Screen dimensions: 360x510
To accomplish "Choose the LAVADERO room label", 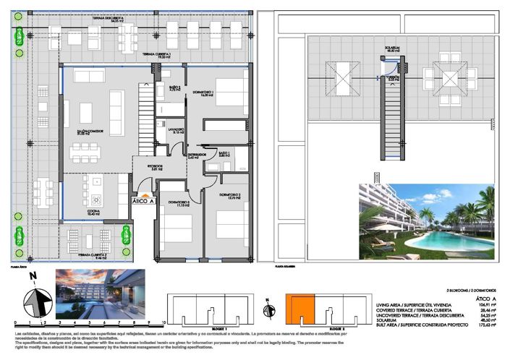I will click(178, 130).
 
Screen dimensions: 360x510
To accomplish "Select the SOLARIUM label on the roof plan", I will click(392, 49).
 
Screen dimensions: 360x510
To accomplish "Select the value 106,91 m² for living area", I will click(486, 304).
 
